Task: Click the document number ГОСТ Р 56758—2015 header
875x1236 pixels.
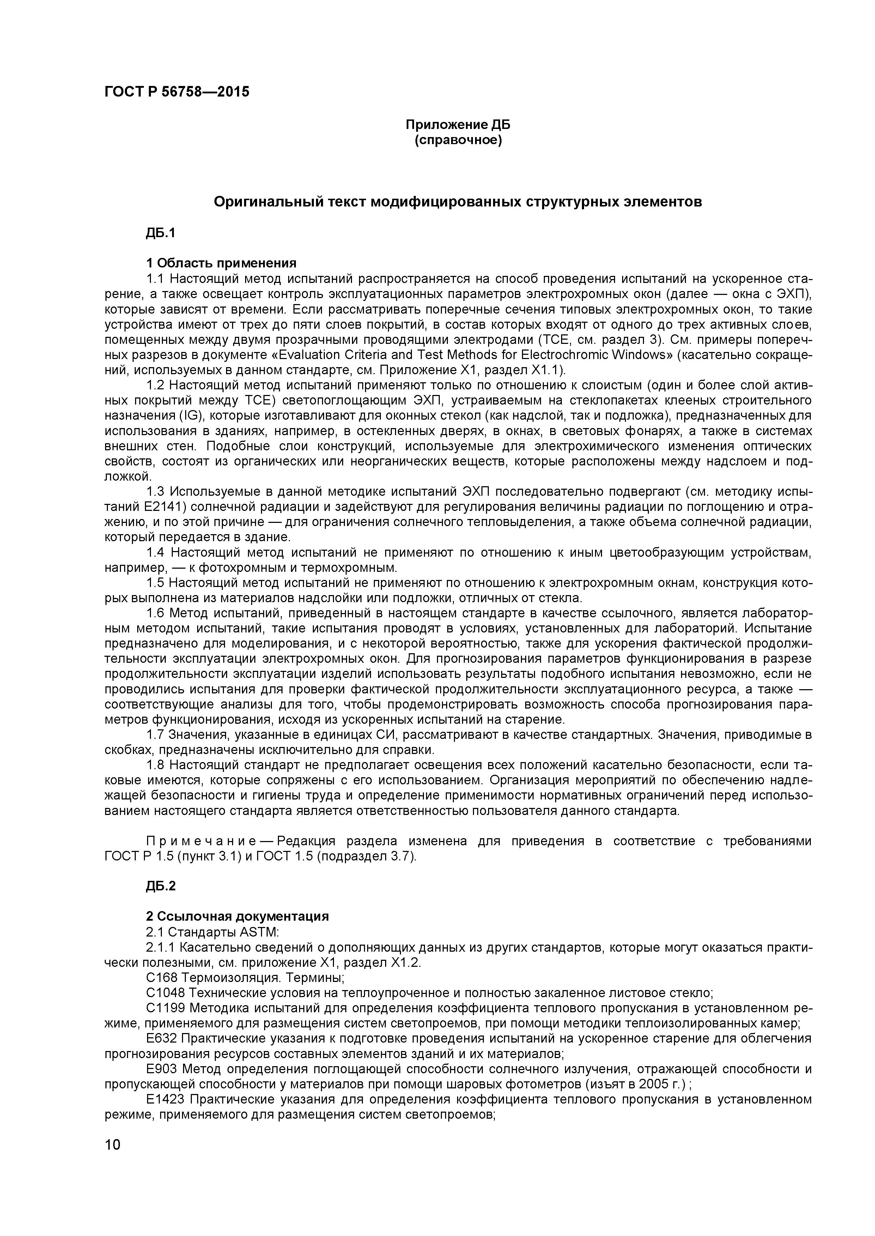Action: pos(177,92)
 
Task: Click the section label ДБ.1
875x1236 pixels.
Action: pos(160,233)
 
